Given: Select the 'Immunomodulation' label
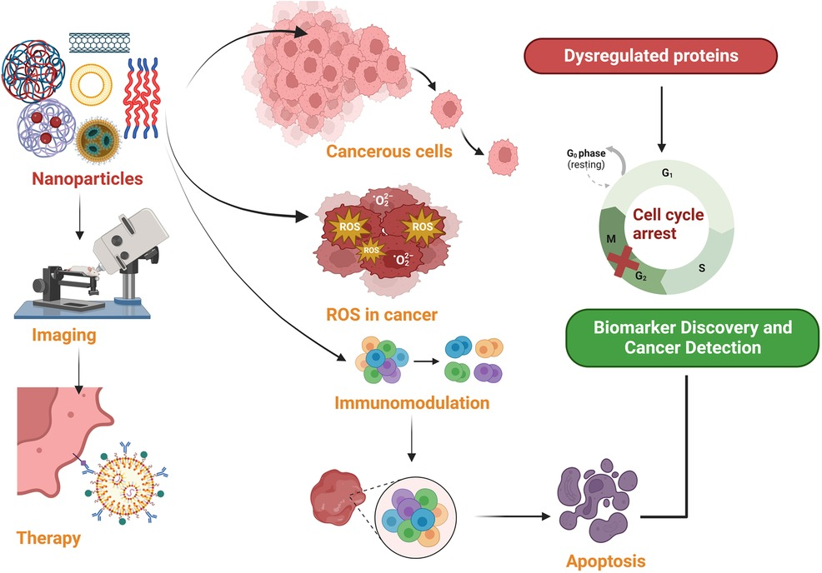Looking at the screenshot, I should (x=411, y=405).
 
